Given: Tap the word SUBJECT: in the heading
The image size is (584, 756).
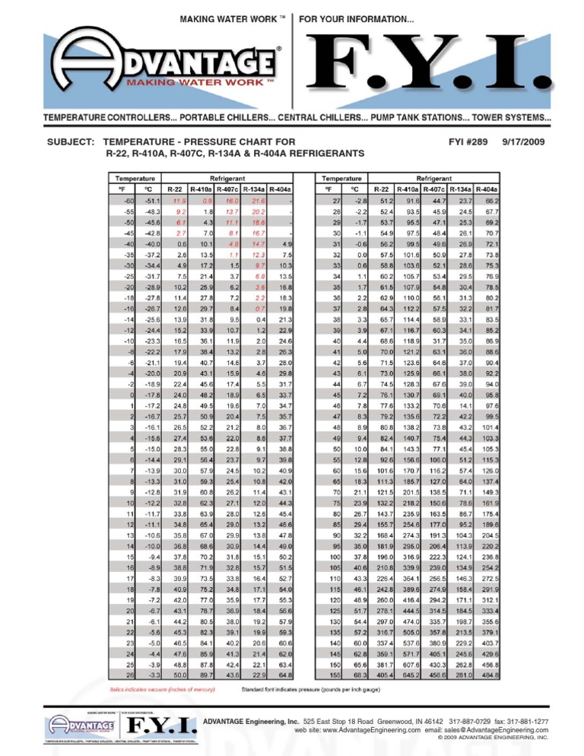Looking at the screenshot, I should (x=73, y=142).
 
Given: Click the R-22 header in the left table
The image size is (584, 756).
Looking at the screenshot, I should (x=174, y=187).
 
